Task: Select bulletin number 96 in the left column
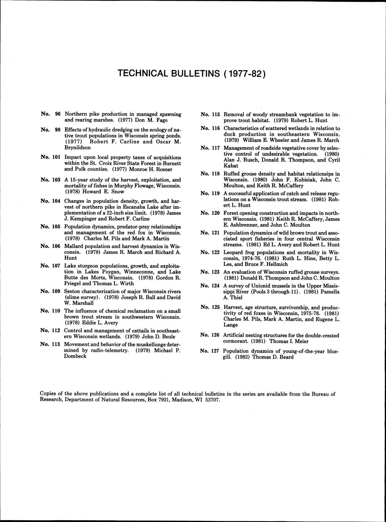(x=58, y=114)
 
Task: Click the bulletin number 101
(x=56, y=156)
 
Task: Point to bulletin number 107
(x=56, y=266)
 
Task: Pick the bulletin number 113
(x=56, y=344)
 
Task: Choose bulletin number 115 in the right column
(x=216, y=114)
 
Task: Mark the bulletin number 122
(x=215, y=252)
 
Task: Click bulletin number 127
(x=215, y=351)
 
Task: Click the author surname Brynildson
(x=78, y=147)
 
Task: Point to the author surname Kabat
(x=231, y=166)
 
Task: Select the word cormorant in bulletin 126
(x=236, y=341)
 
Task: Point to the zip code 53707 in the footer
(x=212, y=400)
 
